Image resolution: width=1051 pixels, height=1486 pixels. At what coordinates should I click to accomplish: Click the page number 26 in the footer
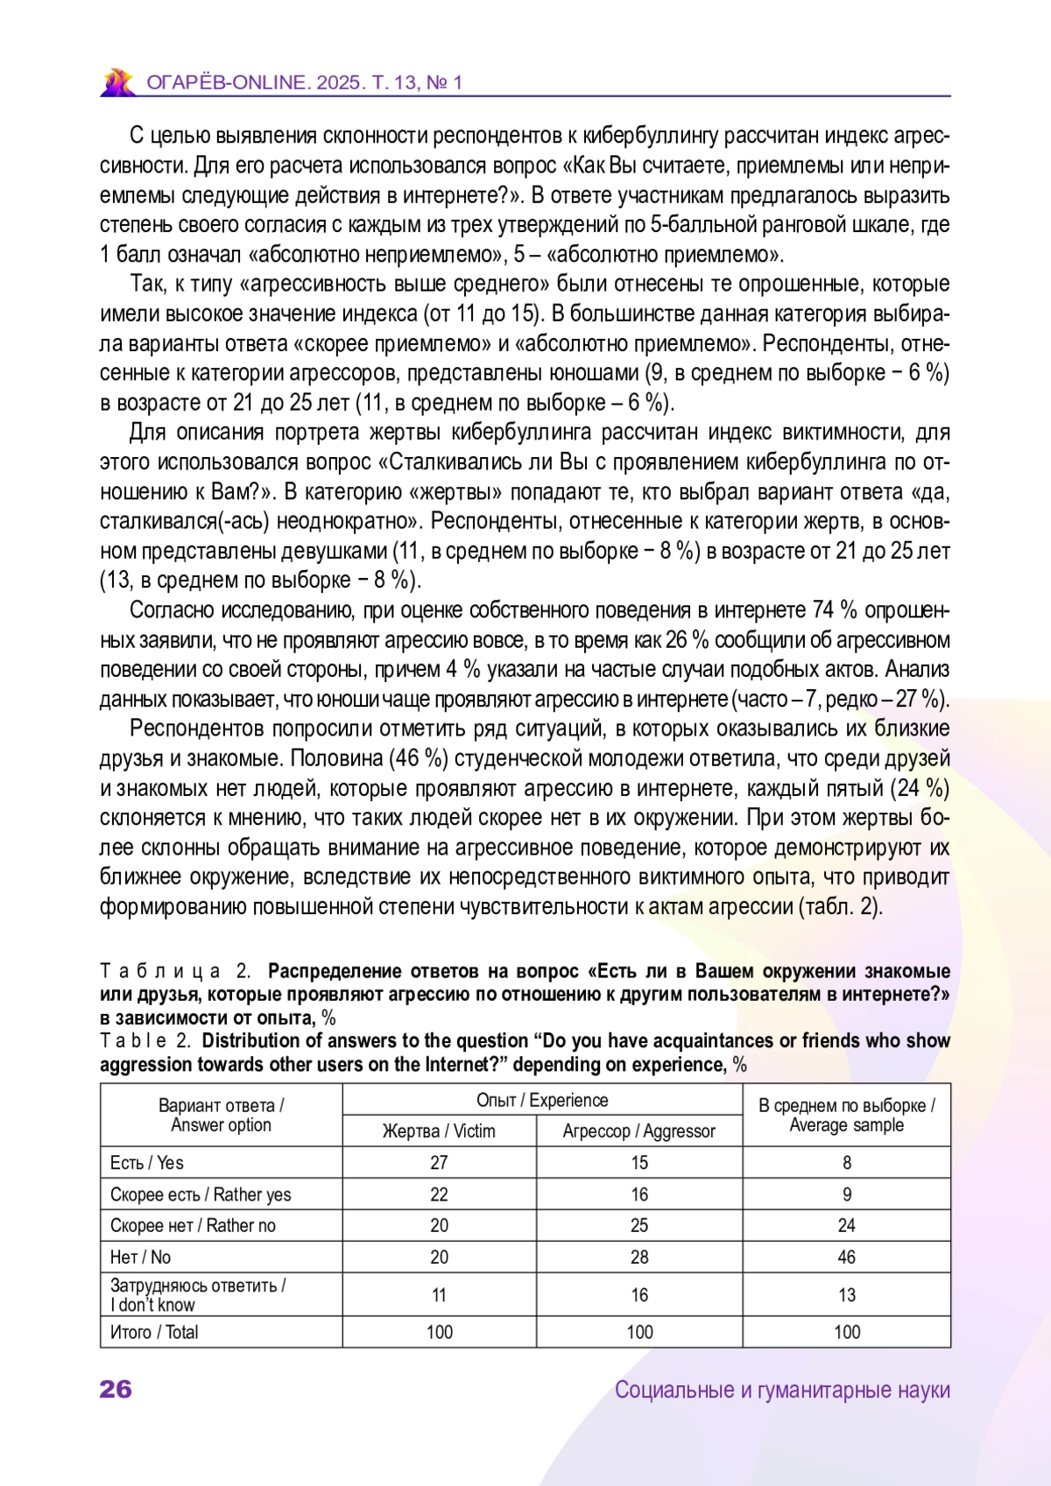coord(116,1389)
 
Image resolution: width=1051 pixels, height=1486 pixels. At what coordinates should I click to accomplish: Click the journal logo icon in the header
coord(117,82)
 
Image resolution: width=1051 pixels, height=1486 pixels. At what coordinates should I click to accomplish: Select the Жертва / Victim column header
coord(439,1131)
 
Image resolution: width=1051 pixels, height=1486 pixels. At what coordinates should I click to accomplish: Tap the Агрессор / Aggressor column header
coord(638,1131)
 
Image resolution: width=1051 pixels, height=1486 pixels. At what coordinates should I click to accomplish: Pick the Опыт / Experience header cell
coord(542,1101)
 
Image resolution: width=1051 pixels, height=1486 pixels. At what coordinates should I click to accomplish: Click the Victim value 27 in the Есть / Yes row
coord(439,1163)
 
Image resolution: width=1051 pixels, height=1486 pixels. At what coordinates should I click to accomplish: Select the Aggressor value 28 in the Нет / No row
coord(639,1257)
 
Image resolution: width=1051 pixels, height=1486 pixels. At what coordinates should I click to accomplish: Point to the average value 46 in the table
coord(846,1257)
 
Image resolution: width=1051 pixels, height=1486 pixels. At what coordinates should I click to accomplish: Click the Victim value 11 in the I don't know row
coord(439,1295)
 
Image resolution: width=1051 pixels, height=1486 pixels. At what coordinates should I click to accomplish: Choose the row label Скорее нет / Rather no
coord(193,1226)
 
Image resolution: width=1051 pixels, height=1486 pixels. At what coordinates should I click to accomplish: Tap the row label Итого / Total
coord(154,1333)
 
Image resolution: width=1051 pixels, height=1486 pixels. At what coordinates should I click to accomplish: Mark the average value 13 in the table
coord(846,1295)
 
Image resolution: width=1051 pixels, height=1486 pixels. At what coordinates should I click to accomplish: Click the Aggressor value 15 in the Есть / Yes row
coord(639,1163)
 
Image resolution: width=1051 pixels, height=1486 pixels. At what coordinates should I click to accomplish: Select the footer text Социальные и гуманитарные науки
coord(782,1390)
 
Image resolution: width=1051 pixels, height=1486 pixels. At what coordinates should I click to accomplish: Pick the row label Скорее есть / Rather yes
coord(201,1194)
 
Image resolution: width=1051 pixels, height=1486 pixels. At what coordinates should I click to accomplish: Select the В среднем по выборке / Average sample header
coord(846,1115)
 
